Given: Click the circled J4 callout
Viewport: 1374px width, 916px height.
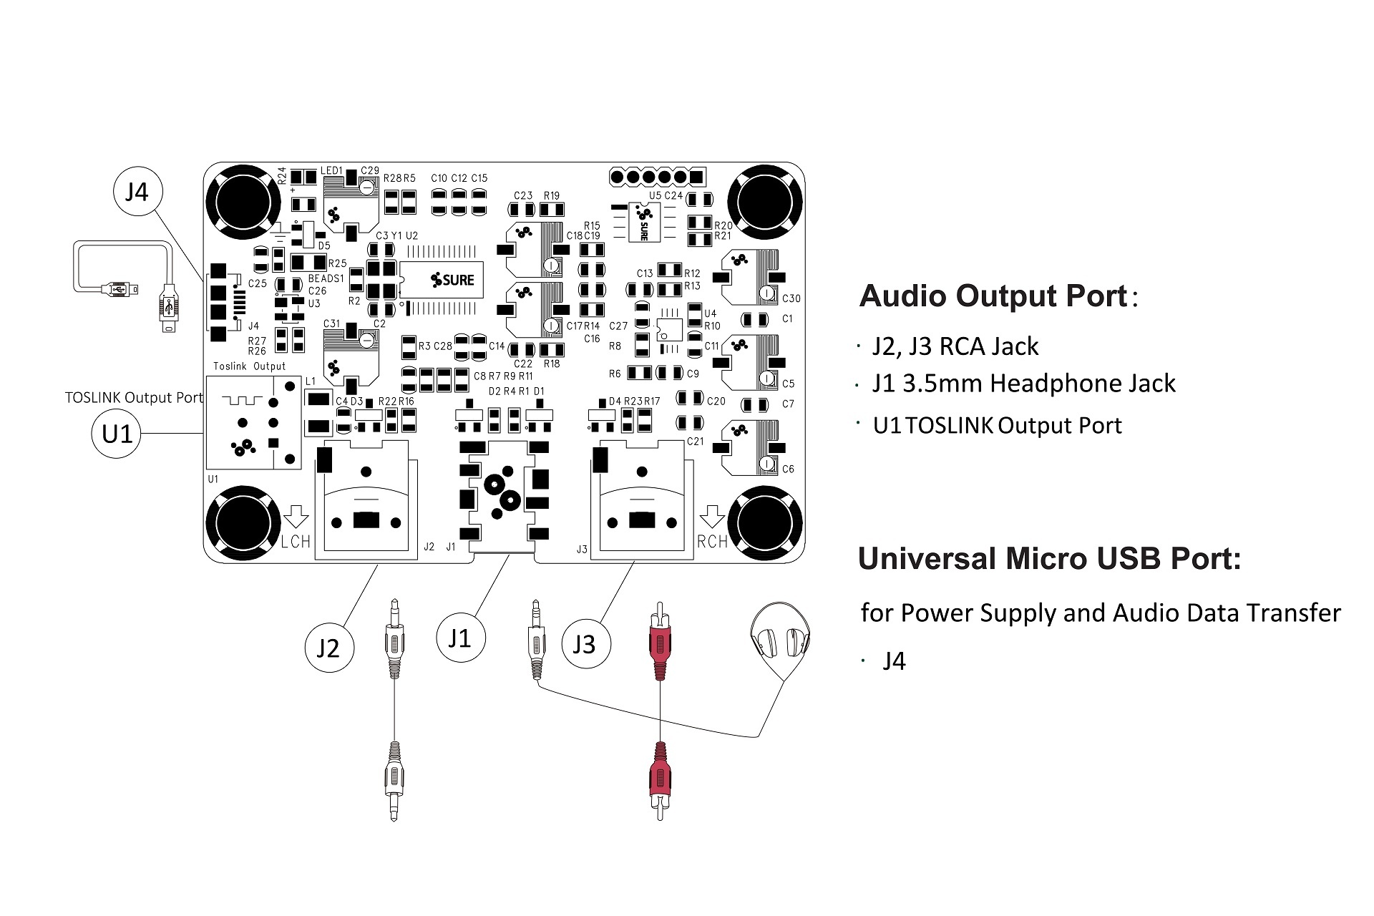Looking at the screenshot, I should pyautogui.click(x=137, y=192).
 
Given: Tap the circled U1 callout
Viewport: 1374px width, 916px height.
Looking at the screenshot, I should pyautogui.click(x=117, y=434).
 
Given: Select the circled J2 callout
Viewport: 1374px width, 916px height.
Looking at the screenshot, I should pyautogui.click(x=328, y=648).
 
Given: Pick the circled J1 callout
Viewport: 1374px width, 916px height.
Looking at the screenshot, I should pyautogui.click(x=460, y=638).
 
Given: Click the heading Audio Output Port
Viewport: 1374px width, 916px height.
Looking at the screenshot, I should pyautogui.click(x=993, y=296).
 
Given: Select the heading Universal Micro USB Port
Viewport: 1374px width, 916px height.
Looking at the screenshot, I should pyautogui.click(x=1049, y=559).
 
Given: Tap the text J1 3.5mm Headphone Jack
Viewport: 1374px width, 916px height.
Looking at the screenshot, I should pyautogui.click(x=1023, y=384).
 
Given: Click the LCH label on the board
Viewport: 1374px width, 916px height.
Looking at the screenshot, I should pyautogui.click(x=296, y=542).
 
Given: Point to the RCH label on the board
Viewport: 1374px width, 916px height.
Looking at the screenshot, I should pyautogui.click(x=712, y=542).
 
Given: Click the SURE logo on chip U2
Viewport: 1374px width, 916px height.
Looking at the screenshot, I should pyautogui.click(x=453, y=280).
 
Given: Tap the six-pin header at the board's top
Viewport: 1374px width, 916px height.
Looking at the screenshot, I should pyautogui.click(x=657, y=176).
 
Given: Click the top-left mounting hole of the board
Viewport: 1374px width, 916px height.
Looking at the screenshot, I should pyautogui.click(x=244, y=201).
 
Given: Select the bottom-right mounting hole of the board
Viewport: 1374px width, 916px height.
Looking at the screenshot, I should pyautogui.click(x=765, y=523).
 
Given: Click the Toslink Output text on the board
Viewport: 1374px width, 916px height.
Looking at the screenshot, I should pyautogui.click(x=249, y=366).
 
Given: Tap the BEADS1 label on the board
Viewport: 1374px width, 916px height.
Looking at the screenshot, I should pyautogui.click(x=326, y=278).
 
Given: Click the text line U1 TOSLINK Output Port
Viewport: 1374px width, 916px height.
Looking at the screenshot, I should pyautogui.click(x=998, y=426).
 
